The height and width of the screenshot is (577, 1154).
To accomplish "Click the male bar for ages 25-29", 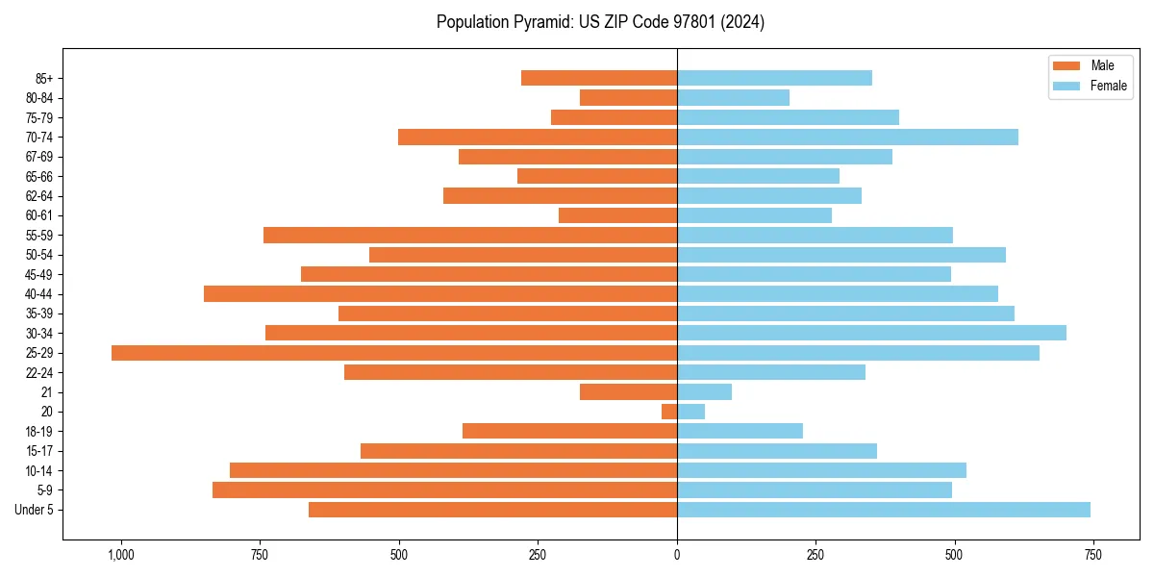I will click(394, 353).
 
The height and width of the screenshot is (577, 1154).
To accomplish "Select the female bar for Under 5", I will click(883, 510).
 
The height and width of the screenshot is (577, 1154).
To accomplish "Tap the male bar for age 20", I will click(669, 412).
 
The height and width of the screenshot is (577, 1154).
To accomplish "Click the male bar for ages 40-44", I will click(440, 294).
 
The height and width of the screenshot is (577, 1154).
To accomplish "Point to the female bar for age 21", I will click(704, 392).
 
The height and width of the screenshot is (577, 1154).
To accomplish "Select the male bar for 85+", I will click(598, 78).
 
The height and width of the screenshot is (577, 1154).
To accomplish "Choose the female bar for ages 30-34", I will click(871, 333).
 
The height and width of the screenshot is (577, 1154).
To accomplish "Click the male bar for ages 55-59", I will click(469, 236).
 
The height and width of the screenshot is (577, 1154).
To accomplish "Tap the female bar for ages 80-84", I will click(733, 98).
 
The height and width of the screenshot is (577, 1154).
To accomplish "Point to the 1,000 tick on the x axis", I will click(121, 555).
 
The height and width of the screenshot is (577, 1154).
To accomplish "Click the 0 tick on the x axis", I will click(677, 555).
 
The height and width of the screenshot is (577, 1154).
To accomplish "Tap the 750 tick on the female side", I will click(1093, 555).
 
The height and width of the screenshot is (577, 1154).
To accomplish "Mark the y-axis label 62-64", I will click(39, 196).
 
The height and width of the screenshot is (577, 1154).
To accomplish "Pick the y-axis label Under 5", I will click(35, 510).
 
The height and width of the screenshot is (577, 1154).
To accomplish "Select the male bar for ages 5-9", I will click(444, 490).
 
